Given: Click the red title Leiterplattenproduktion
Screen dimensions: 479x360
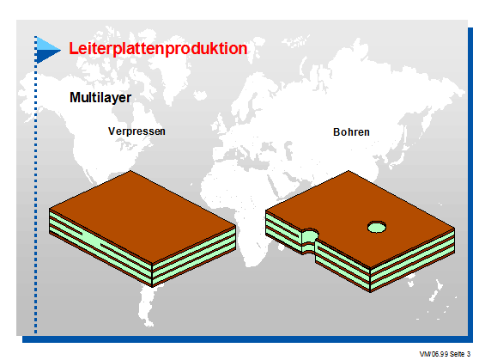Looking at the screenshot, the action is click(x=158, y=49).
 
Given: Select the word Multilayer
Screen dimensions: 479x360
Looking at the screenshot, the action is click(x=100, y=98).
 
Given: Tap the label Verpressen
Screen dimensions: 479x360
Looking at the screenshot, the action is click(x=136, y=131).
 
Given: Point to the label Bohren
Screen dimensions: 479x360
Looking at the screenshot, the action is click(x=351, y=132).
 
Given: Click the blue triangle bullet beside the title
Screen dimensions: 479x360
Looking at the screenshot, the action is click(x=47, y=50).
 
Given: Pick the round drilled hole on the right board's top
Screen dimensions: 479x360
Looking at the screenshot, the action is click(x=376, y=227).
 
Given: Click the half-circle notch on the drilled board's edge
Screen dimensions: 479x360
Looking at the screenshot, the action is click(x=309, y=240).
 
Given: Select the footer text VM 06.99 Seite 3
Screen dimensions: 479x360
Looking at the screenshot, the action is click(x=445, y=354).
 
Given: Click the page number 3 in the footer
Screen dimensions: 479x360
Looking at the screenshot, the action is click(x=469, y=354).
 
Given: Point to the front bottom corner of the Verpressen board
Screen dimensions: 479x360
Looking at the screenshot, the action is click(x=153, y=287).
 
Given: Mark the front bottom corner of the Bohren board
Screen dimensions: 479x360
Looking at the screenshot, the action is click(x=370, y=292).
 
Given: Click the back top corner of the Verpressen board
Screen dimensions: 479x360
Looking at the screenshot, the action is click(x=130, y=170).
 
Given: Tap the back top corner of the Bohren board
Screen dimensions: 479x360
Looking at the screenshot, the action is click(x=349, y=171).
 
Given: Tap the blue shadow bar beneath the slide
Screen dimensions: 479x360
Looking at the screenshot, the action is click(x=246, y=339).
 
